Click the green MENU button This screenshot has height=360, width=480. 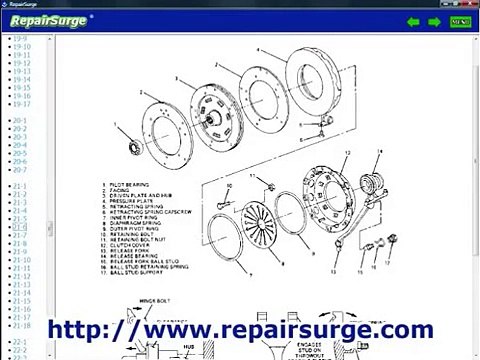460,21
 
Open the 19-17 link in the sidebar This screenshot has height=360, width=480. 22,104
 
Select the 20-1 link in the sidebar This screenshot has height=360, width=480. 20,120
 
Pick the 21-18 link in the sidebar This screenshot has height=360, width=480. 22,325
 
